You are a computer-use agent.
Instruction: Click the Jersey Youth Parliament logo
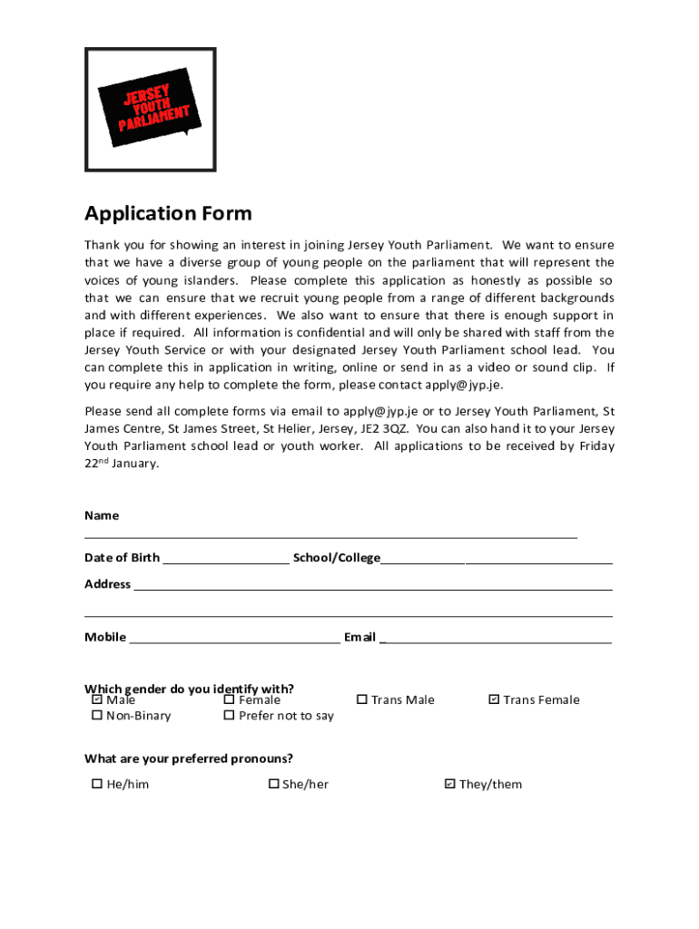(x=151, y=109)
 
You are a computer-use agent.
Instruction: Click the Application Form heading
(x=168, y=214)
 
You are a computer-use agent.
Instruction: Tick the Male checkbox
(x=96, y=699)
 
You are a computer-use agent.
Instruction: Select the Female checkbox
(x=229, y=699)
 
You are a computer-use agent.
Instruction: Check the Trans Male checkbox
(x=361, y=699)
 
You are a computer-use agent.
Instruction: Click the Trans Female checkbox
(x=494, y=699)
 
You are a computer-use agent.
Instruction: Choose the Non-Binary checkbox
(x=96, y=716)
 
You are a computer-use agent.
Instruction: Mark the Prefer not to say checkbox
(x=229, y=716)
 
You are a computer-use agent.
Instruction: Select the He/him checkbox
(x=96, y=784)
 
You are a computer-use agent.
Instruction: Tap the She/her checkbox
(x=272, y=784)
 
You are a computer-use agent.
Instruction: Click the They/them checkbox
(x=449, y=784)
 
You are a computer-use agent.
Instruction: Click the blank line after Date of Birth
(x=225, y=559)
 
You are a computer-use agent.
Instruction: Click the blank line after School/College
(x=496, y=559)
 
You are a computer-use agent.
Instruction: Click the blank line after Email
(x=496, y=638)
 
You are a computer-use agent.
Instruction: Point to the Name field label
(x=102, y=515)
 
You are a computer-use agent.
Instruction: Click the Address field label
(x=107, y=584)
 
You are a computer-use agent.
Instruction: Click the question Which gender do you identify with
(x=189, y=688)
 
